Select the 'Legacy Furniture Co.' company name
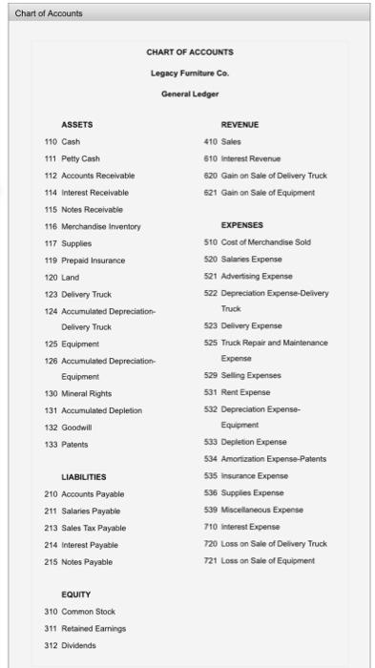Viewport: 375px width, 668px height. click(x=188, y=73)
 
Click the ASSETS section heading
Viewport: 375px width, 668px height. click(x=78, y=124)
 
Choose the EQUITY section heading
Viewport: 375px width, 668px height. click(x=75, y=592)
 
